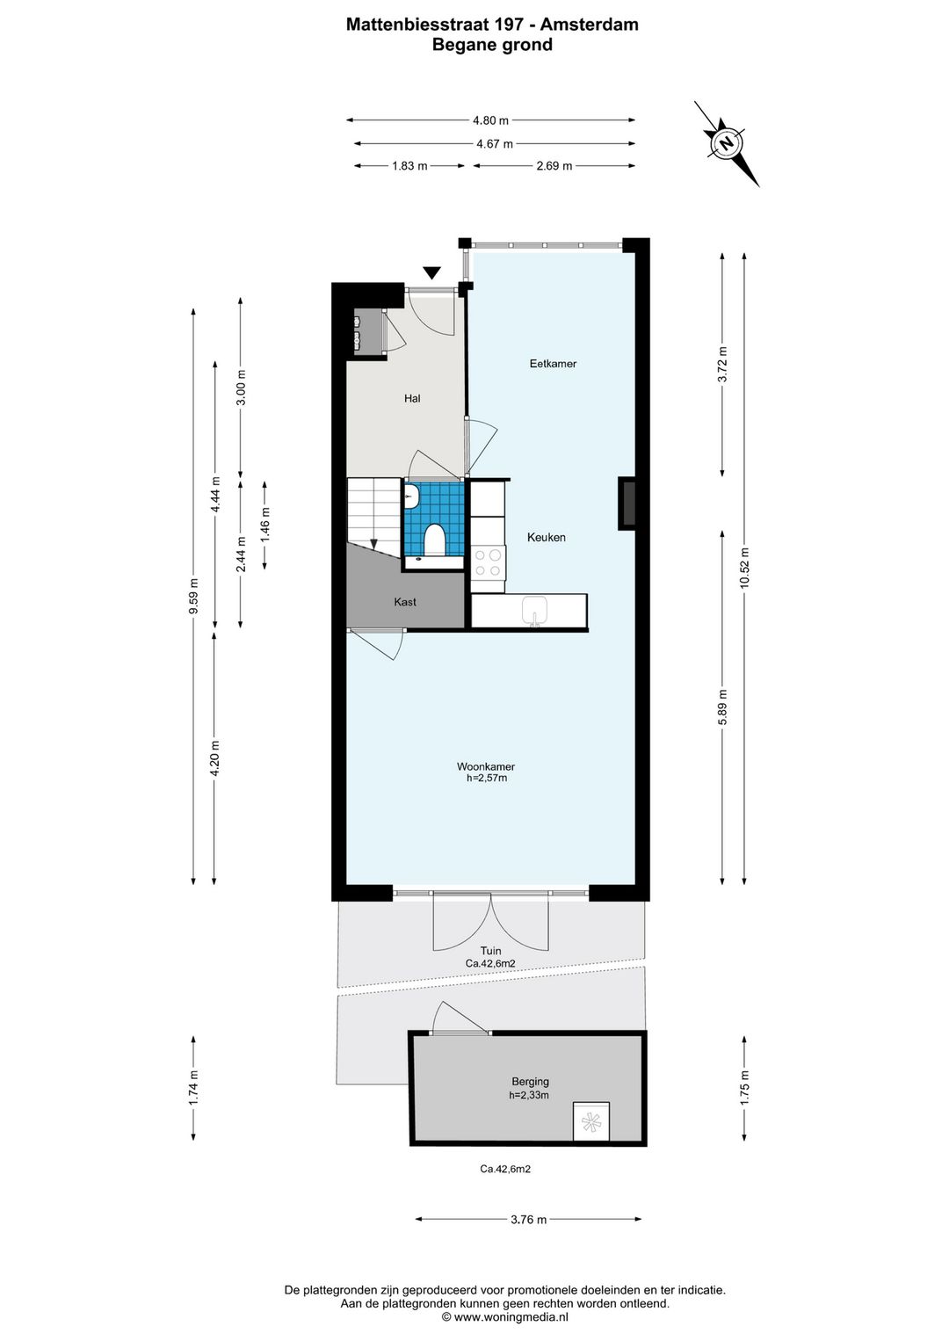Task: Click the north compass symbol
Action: [x=727, y=144]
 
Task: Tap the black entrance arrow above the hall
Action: [x=431, y=273]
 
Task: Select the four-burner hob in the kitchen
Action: [x=488, y=562]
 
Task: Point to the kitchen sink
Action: [x=534, y=612]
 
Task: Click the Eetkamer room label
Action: [x=553, y=364]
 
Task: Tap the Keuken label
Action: [x=546, y=537]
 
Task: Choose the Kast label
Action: [x=405, y=602]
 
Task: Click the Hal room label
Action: [x=412, y=398]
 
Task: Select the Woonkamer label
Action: [x=486, y=766]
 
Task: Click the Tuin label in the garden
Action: [x=491, y=951]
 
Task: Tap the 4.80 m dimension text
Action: [x=490, y=120]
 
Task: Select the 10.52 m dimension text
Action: [x=744, y=569]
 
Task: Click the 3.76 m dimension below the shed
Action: [x=529, y=1220]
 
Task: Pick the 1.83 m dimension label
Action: [x=409, y=166]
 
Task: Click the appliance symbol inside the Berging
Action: [x=591, y=1121]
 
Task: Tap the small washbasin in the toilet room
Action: [x=410, y=497]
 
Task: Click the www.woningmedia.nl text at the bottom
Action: [x=504, y=1316]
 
